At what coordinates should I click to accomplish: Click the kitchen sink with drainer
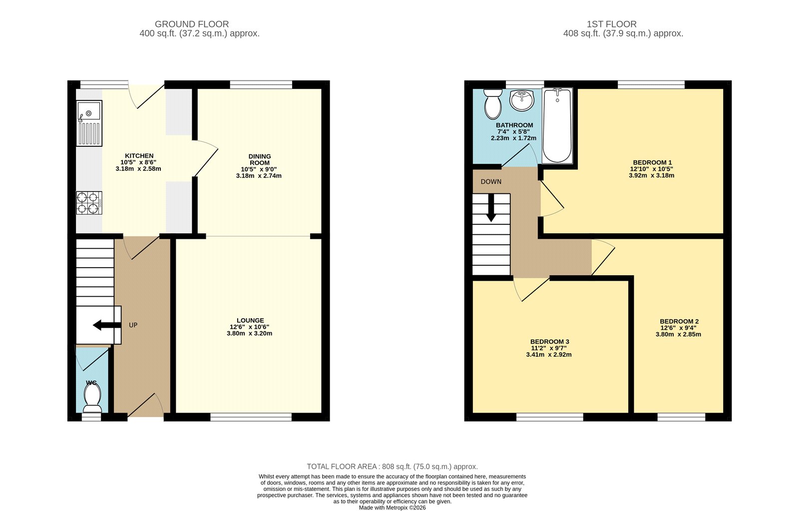pos(89,123)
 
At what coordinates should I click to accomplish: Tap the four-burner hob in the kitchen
pos(89,203)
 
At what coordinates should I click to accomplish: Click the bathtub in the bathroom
pos(557,125)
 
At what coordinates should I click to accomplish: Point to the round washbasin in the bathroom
pos(521,100)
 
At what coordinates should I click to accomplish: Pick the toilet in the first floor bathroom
pos(492,104)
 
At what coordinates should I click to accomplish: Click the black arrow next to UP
pos(107,325)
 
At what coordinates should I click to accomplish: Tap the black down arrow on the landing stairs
pos(491,208)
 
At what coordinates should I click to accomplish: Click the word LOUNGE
pos(250,321)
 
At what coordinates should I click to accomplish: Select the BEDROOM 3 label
pos(549,342)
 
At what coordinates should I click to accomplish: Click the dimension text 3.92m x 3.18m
pos(651,175)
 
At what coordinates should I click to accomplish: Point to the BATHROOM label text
pos(514,125)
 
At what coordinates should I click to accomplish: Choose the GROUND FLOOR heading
pos(192,24)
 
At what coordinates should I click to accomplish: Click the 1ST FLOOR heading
pos(612,24)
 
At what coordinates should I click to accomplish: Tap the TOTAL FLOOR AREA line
pos(393,467)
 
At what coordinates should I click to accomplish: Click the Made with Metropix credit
pos(393,508)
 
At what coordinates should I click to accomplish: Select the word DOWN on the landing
pos(491,182)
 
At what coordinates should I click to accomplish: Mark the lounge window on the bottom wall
pos(251,417)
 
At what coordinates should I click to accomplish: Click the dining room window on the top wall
pos(261,84)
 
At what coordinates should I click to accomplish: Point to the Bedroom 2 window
pos(682,417)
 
